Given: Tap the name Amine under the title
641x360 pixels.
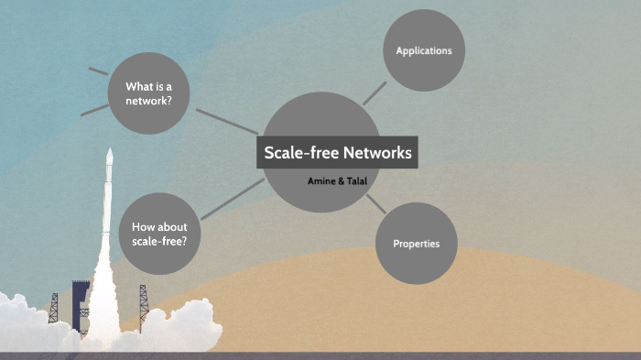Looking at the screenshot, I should coord(320,181).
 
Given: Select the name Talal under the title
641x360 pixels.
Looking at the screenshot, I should coord(355,181).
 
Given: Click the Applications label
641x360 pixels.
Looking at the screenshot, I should coord(423,50).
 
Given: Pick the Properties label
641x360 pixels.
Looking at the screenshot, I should coord(417,244).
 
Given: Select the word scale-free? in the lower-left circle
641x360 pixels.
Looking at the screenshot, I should coord(159,240).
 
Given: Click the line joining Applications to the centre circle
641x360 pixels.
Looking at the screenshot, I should coord(374,93).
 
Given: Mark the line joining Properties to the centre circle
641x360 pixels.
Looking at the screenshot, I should coord(375,203).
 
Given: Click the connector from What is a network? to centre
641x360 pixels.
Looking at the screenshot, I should coord(226,122).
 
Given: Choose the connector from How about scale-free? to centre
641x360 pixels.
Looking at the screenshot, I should coord(232,199).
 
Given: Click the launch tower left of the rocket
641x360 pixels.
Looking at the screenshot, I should coord(54,308).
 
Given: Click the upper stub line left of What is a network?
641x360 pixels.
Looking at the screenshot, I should coord(98,70).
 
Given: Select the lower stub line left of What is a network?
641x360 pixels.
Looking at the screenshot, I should coord(94,109).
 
